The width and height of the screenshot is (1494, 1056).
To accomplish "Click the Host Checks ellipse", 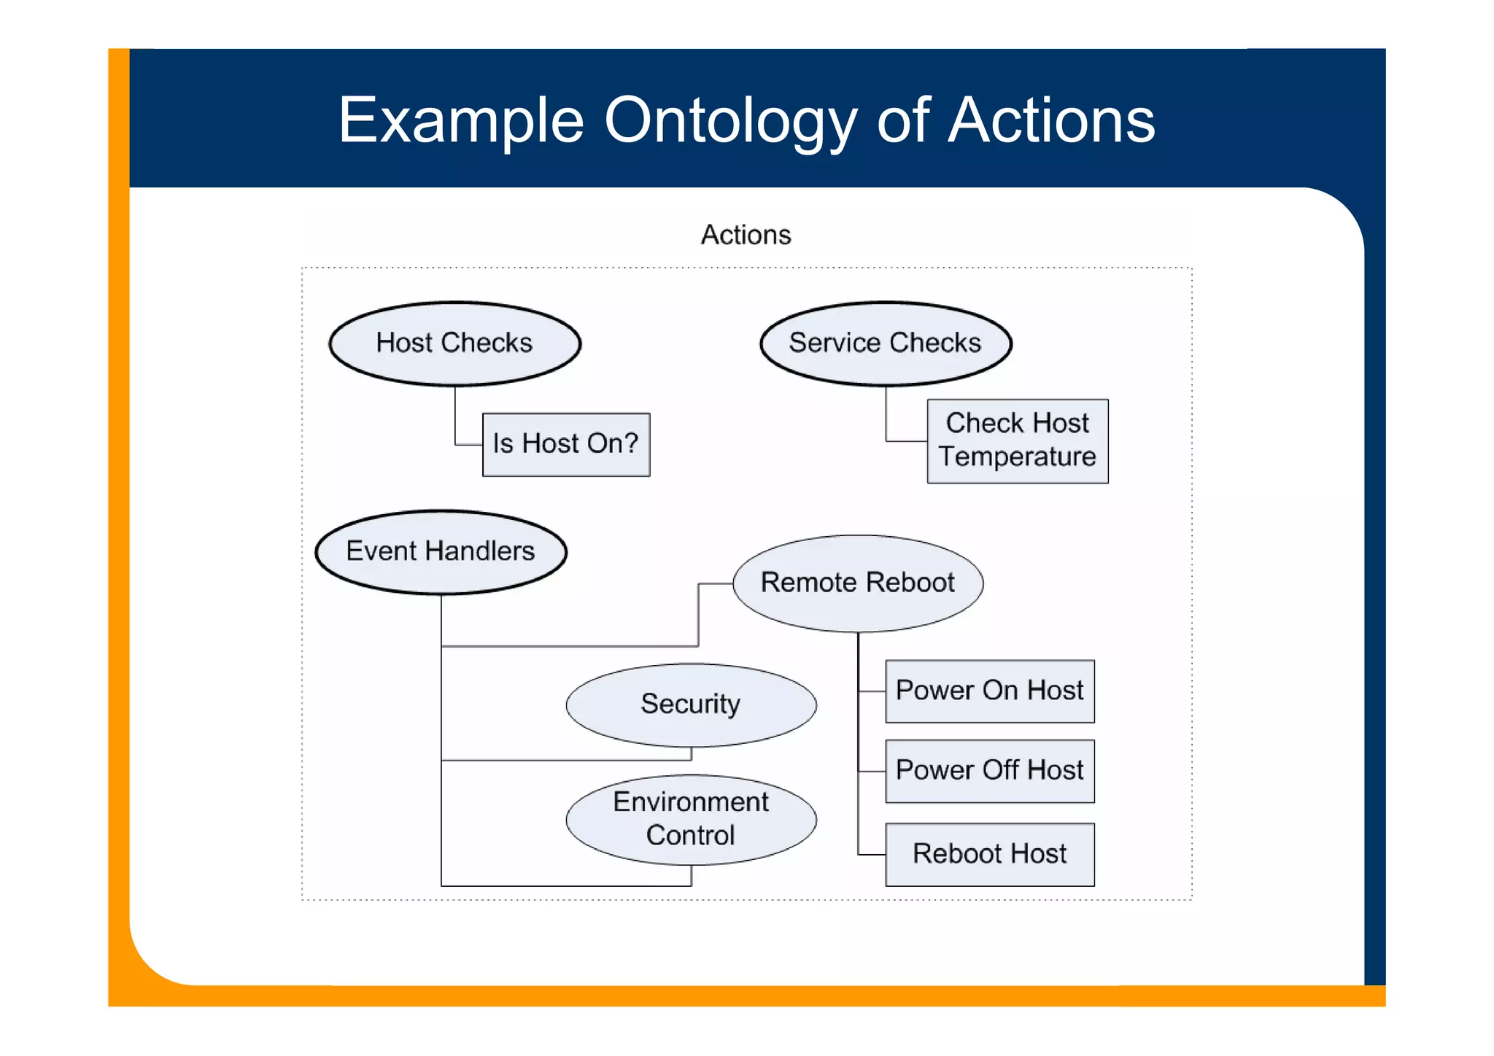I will pos(454,343).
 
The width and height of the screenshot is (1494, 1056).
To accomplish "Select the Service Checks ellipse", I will pos(885,343).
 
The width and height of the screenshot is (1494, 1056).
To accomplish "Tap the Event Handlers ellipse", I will pos(441,551).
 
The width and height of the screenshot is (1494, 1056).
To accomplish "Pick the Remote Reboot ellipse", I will pos(857,583).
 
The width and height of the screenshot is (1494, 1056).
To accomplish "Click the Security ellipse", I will pos(690,704).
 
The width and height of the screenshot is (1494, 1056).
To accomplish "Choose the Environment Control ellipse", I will pos(690,819).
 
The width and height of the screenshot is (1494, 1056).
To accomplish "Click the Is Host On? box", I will pos(565,444).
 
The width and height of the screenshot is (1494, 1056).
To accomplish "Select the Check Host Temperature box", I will pos(1017,440).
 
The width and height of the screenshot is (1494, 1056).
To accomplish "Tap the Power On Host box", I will pos(989,691).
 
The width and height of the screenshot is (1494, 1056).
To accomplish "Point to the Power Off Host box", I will pos(989,771).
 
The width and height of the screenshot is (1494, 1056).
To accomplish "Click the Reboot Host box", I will pos(989,854).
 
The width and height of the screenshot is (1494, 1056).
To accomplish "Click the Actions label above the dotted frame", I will pos(746,235).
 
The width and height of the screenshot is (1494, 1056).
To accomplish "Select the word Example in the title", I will pos(461,121).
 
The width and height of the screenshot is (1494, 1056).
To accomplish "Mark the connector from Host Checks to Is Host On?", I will pos(456,423).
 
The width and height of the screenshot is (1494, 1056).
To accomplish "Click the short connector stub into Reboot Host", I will pos(872,854).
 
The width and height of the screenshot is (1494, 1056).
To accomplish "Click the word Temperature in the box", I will pos(1017,457).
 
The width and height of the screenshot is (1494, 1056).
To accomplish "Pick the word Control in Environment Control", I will pos(690,836).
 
